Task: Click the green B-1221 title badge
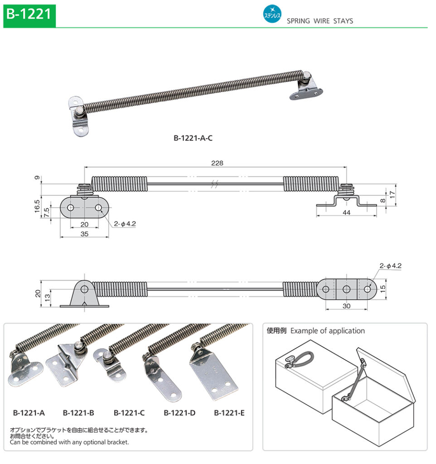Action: click(x=28, y=14)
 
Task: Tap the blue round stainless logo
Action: click(x=272, y=14)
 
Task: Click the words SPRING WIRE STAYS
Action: click(x=320, y=21)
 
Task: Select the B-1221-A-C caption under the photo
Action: click(x=193, y=138)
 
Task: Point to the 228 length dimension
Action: click(x=217, y=163)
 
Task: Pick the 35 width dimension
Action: click(x=84, y=234)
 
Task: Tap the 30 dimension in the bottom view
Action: click(x=346, y=306)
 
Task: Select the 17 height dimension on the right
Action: click(x=392, y=192)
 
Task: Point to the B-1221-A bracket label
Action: click(x=29, y=413)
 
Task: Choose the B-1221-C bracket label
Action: click(x=129, y=413)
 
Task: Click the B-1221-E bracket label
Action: click(x=229, y=413)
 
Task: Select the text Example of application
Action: click(x=327, y=331)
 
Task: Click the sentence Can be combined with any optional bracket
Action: click(x=69, y=442)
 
